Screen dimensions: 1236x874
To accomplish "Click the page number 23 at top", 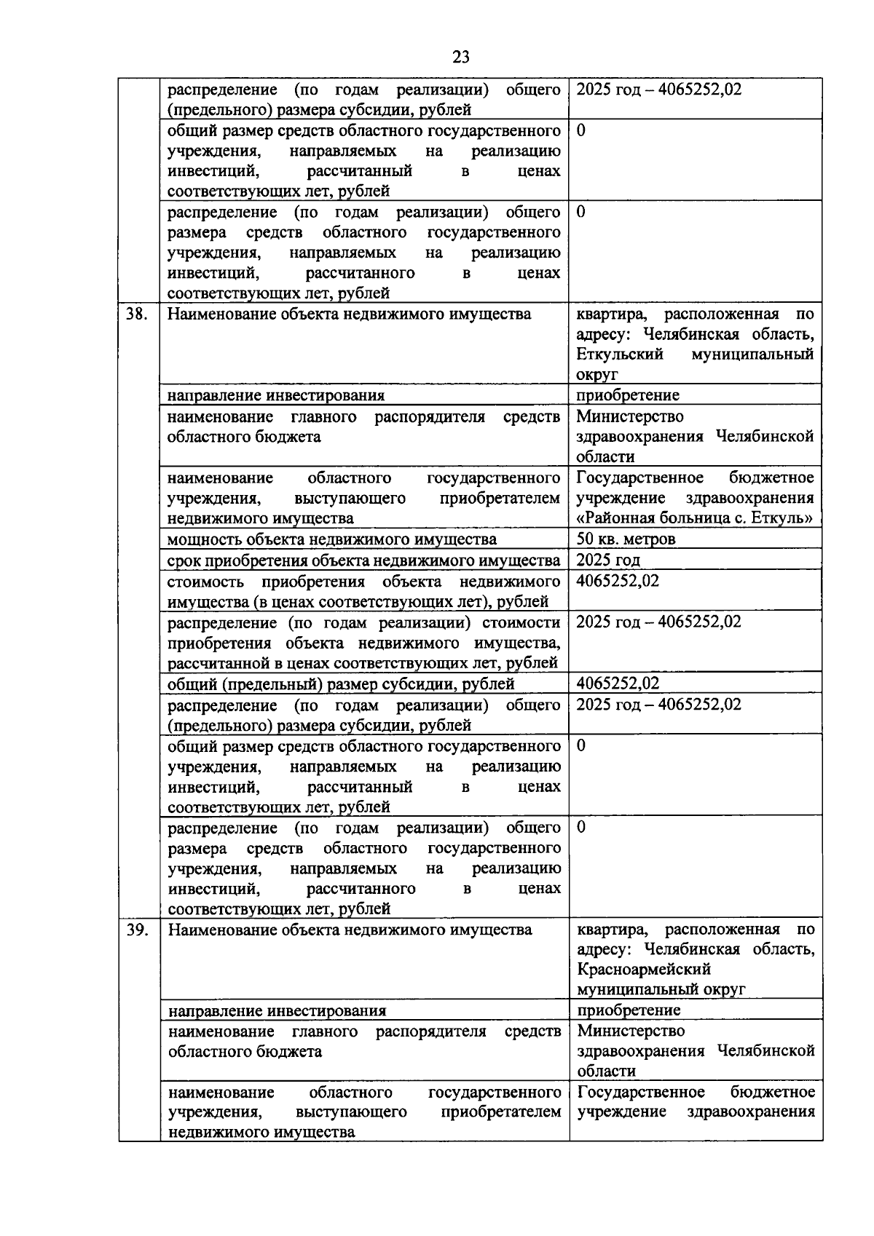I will (460, 57).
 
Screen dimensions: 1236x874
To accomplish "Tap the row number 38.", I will (137, 314).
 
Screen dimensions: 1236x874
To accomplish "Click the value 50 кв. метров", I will (626, 539).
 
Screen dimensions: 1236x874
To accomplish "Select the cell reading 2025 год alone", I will (608, 560).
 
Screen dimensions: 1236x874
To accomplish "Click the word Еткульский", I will (620, 354).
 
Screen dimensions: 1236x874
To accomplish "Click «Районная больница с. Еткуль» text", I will (694, 518).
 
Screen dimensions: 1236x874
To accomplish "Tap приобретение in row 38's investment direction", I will (628, 395).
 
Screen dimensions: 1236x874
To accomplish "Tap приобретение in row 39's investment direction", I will (629, 1010).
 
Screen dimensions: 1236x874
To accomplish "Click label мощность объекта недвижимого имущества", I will (331, 539).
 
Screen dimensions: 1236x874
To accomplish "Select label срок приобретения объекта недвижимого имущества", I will (363, 560).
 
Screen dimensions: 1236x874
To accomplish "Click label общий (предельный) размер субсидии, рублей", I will (341, 684).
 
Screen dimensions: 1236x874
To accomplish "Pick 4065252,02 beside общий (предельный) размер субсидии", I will (618, 683).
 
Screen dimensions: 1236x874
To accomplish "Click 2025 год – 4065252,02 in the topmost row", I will (658, 90).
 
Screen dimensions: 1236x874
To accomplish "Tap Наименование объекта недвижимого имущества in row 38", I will (349, 314).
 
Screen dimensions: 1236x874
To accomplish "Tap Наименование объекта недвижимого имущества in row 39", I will (350, 930).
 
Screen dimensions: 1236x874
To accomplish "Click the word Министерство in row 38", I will (630, 416).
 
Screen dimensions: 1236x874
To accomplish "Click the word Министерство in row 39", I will (631, 1031).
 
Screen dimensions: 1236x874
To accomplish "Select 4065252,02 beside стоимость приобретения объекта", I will (618, 581).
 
